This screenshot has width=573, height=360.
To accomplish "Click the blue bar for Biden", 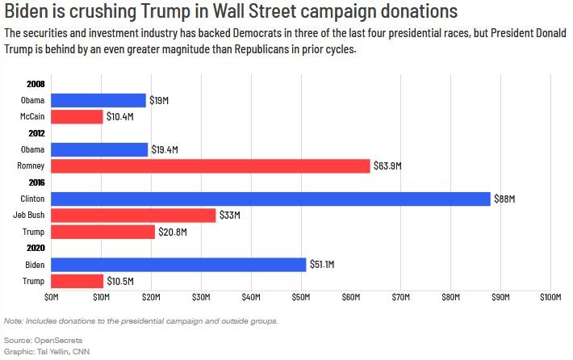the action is click(x=178, y=265).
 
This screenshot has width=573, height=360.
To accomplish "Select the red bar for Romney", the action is click(x=211, y=166).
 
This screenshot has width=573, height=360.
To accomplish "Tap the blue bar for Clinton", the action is click(x=270, y=199).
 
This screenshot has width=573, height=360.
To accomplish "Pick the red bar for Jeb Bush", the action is click(x=133, y=216).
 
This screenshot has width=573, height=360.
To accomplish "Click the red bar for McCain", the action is click(x=77, y=116).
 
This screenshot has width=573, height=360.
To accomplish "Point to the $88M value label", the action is click(x=504, y=199).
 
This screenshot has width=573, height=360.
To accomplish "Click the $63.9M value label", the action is click(x=387, y=166).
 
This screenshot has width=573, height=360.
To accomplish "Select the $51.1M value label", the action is click(x=322, y=264).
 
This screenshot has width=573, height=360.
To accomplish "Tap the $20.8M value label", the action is click(x=173, y=232).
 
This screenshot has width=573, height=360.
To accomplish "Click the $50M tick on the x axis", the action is click(x=301, y=297).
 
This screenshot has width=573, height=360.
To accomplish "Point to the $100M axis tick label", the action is click(x=550, y=297).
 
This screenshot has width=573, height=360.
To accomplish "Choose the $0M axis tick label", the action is click(x=51, y=297).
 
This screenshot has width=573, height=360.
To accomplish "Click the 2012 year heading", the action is click(x=36, y=133).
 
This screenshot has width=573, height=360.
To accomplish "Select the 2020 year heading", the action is click(x=36, y=248).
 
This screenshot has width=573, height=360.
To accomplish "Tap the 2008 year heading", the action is click(x=36, y=84).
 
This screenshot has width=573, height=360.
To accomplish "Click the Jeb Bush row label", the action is click(x=29, y=215).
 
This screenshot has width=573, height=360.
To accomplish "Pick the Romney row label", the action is click(x=31, y=166).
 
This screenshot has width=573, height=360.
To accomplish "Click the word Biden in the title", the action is click(x=27, y=11).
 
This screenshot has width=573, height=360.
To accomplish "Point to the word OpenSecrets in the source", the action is click(x=58, y=341).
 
